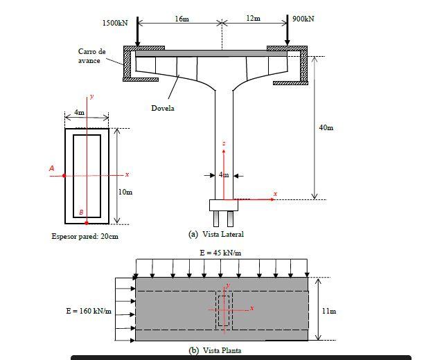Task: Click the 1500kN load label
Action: [115, 23]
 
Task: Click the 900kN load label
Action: [303, 19]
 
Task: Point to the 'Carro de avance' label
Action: [92, 56]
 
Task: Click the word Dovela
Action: [163, 108]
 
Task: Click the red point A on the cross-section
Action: [64, 176]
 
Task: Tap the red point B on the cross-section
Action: [87, 223]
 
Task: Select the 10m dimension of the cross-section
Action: [125, 192]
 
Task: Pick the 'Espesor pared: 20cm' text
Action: [85, 237]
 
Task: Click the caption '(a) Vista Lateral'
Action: [216, 234]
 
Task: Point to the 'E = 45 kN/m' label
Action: [221, 253]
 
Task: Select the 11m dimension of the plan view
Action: [329, 311]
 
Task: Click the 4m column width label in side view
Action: [223, 175]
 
